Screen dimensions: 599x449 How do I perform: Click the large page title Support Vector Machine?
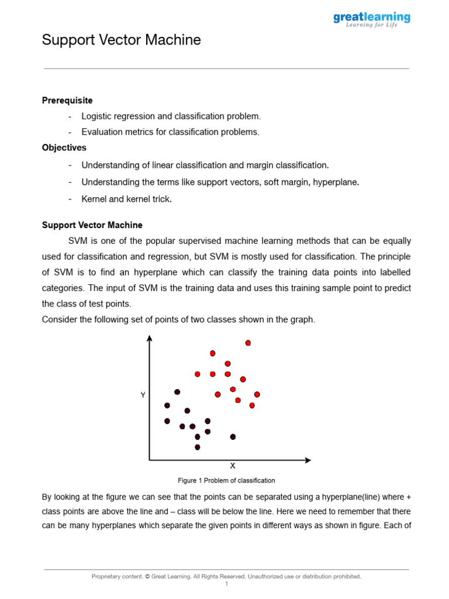pyautogui.click(x=121, y=40)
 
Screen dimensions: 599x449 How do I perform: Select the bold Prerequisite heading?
pyautogui.click(x=67, y=101)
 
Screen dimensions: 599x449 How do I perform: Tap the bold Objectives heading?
pyautogui.click(x=64, y=148)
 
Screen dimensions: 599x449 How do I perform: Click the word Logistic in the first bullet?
pyautogui.click(x=96, y=116)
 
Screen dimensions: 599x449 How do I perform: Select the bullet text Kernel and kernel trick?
pyautogui.click(x=126, y=199)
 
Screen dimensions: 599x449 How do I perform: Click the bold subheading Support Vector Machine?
pyautogui.click(x=92, y=225)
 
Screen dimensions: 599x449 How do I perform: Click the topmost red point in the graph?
pyautogui.click(x=248, y=343)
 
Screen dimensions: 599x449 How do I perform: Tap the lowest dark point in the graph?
pyautogui.click(x=197, y=447)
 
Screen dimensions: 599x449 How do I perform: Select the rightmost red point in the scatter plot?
pyautogui.click(x=257, y=394)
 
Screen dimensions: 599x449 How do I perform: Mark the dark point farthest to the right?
pyautogui.click(x=233, y=436)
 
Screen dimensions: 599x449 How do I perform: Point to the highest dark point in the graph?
pyautogui.click(x=177, y=392)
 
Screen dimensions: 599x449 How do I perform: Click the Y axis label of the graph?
pyautogui.click(x=143, y=395)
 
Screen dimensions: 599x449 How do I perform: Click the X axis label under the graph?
pyautogui.click(x=233, y=466)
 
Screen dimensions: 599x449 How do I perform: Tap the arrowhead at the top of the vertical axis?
pyautogui.click(x=150, y=338)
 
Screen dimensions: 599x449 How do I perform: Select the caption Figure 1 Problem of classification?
pyautogui.click(x=226, y=481)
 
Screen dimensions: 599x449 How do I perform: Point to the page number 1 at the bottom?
pyautogui.click(x=226, y=584)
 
